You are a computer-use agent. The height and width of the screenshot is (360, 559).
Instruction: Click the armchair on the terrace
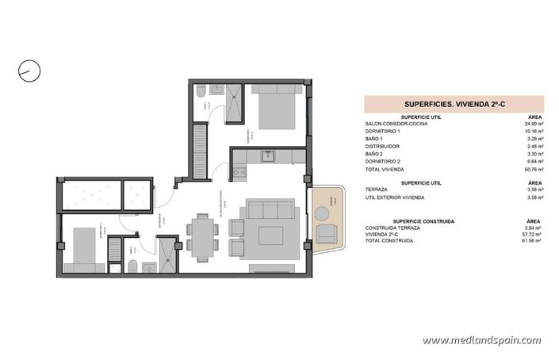326,233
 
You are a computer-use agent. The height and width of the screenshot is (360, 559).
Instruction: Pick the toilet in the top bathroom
201,102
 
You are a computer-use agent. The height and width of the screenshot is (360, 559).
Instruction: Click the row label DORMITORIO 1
383,132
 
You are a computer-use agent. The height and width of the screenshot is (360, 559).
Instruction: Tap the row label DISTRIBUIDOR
382,146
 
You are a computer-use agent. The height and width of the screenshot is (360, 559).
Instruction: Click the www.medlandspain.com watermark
481,340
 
